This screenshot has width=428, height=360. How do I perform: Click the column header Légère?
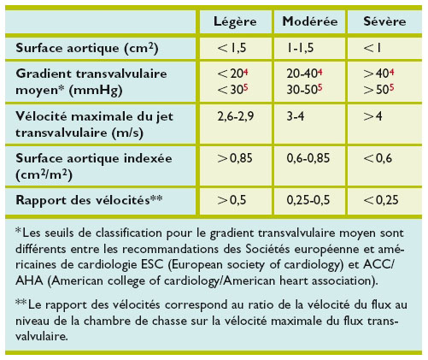click(238, 20)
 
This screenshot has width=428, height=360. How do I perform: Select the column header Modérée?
click(311, 20)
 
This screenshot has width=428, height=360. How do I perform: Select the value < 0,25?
click(379, 201)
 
